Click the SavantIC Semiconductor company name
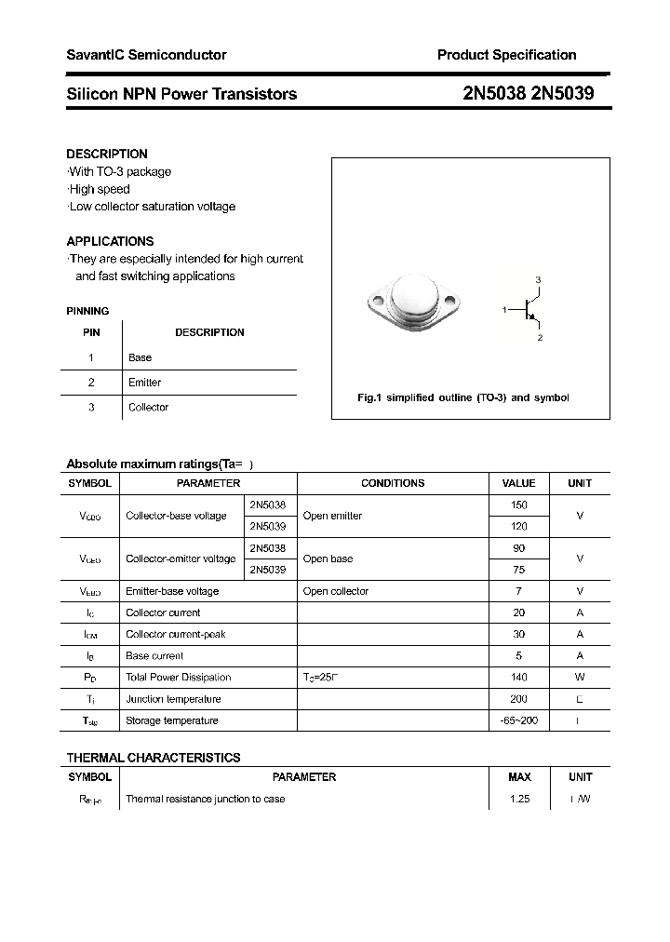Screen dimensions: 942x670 pyautogui.click(x=146, y=56)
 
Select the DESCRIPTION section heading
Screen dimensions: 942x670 pyautogui.click(x=107, y=154)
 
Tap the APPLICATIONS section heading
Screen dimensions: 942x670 pyautogui.click(x=110, y=241)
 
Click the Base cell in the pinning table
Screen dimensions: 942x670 pyautogui.click(x=140, y=357)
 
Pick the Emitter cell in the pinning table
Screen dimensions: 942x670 pyautogui.click(x=144, y=383)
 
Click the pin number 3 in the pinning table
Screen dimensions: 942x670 pyautogui.click(x=91, y=407)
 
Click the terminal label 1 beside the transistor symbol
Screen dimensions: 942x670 pyautogui.click(x=504, y=309)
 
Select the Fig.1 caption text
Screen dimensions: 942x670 pyautogui.click(x=462, y=397)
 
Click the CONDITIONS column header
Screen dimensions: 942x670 pyautogui.click(x=393, y=483)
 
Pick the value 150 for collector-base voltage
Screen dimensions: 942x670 pyautogui.click(x=518, y=505)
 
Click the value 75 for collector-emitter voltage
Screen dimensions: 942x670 pyautogui.click(x=518, y=570)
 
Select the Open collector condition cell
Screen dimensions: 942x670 pyautogui.click(x=336, y=591)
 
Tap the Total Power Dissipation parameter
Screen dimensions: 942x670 pyautogui.click(x=178, y=678)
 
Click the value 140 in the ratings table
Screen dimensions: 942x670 pyautogui.click(x=518, y=678)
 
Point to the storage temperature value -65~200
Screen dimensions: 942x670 pyautogui.click(x=518, y=720)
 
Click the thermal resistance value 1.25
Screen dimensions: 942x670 pyautogui.click(x=519, y=799)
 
